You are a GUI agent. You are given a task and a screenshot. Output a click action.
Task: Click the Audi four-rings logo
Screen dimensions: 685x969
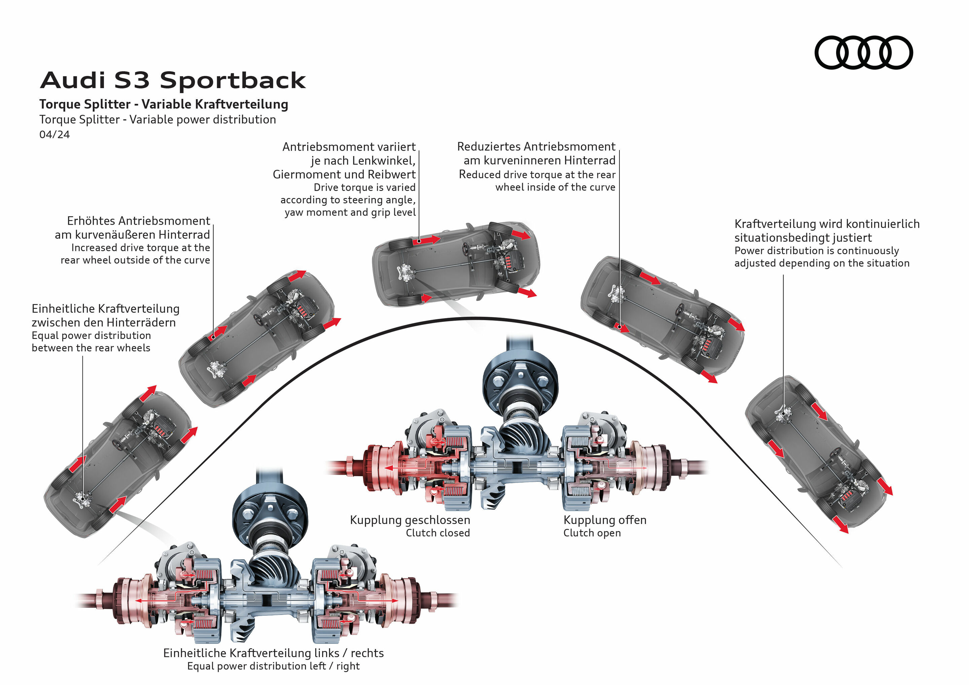tap(863, 52)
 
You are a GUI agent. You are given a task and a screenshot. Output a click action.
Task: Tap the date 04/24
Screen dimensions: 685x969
tap(55, 135)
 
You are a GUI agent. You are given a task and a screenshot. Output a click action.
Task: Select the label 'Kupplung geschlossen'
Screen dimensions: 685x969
tap(410, 520)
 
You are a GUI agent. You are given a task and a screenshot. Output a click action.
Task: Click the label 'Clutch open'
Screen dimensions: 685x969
tap(592, 533)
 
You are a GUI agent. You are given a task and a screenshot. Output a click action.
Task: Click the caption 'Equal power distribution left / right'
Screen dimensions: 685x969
tap(273, 666)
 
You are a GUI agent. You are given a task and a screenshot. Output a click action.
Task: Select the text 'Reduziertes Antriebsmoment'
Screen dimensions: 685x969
tap(536, 146)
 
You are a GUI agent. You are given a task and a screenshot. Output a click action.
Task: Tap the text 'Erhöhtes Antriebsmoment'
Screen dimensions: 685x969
tap(138, 221)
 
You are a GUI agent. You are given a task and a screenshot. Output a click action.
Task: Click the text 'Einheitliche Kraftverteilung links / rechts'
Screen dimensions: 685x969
tap(273, 653)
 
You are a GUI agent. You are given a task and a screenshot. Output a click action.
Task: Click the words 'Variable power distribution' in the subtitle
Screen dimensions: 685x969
tap(203, 120)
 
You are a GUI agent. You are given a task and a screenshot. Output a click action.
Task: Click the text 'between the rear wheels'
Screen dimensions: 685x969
tap(91, 348)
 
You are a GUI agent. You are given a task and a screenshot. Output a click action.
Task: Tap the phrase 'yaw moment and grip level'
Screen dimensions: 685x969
tap(350, 212)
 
